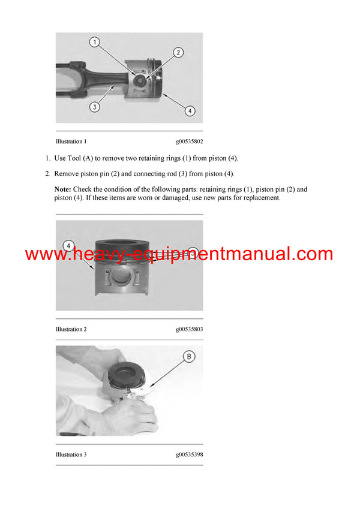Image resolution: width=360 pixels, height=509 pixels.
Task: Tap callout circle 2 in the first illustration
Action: click(178, 53)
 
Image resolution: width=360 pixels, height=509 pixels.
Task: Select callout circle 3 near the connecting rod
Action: click(95, 107)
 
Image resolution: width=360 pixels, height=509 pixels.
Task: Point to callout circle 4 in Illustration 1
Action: click(189, 110)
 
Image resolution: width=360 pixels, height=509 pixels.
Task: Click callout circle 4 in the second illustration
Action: click(69, 246)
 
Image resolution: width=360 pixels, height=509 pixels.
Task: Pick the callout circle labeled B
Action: click(188, 357)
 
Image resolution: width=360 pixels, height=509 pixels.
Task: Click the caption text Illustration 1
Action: click(71, 142)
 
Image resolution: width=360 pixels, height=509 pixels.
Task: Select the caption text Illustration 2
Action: click(71, 329)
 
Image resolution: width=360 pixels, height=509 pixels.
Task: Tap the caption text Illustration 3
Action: click(71, 454)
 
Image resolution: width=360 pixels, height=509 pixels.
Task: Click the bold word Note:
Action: click(63, 189)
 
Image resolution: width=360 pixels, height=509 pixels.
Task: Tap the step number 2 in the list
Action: click(48, 174)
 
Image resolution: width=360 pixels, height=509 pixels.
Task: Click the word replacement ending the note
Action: click(260, 198)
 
